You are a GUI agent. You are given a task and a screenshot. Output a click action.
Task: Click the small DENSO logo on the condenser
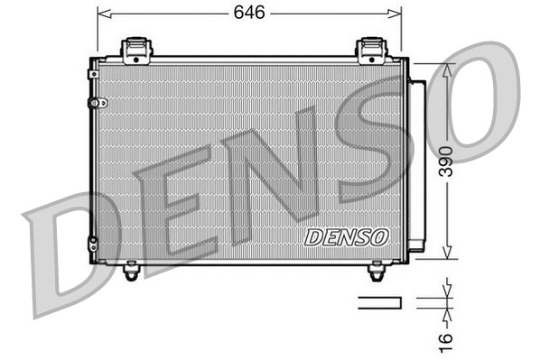click(346, 236)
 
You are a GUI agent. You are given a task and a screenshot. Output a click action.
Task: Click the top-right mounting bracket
click(371, 50)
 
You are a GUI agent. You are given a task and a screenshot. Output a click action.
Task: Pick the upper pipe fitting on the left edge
click(92, 103)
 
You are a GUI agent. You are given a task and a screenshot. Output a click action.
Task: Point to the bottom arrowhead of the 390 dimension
click(445, 255)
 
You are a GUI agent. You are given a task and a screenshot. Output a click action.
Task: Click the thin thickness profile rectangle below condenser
click(378, 302)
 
